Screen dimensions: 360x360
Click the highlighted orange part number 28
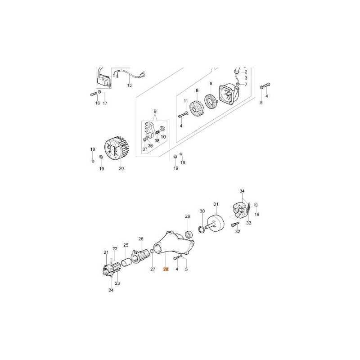(x=166, y=269)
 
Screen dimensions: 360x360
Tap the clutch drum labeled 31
(x=216, y=223)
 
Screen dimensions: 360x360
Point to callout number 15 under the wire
(x=130, y=85)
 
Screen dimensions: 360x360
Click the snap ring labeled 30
(x=201, y=230)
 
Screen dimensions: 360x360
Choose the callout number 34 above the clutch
(x=242, y=191)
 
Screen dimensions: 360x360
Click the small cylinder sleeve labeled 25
(x=126, y=262)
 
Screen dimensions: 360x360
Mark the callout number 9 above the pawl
(x=155, y=111)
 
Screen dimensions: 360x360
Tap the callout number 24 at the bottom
(x=111, y=290)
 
